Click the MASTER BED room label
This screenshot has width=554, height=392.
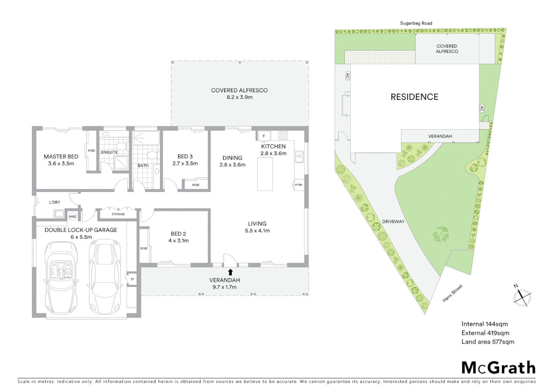pyautogui.click(x=61, y=157)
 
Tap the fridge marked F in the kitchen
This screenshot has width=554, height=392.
pyautogui.click(x=264, y=136)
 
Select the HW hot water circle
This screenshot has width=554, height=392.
pyautogui.click(x=73, y=217)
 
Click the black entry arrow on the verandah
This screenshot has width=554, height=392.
pyautogui.click(x=230, y=272)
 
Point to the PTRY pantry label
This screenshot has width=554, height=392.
pyautogui.click(x=299, y=185)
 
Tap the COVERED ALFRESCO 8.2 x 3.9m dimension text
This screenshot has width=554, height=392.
pyautogui.click(x=239, y=97)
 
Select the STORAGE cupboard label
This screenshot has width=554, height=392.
pyautogui.click(x=118, y=214)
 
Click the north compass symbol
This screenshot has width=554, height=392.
pyautogui.click(x=522, y=297)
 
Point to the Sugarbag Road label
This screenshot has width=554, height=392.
pyautogui.click(x=416, y=23)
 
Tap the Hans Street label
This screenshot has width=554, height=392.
pyautogui.click(x=452, y=294)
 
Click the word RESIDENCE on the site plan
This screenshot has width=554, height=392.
pyautogui.click(x=414, y=97)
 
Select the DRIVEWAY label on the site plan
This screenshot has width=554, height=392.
pyautogui.click(x=393, y=221)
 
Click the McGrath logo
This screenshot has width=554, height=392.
pyautogui.click(x=498, y=368)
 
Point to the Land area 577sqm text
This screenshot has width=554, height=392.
pyautogui.click(x=488, y=342)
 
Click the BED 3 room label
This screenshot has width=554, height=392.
pyautogui.click(x=185, y=157)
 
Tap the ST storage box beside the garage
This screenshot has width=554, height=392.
pyautogui.click(x=132, y=279)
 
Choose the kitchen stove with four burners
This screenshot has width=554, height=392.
pyautogui.click(x=283, y=136)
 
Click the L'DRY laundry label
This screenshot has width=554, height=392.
pyautogui.click(x=55, y=202)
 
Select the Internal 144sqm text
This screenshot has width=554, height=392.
pyautogui.click(x=484, y=324)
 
